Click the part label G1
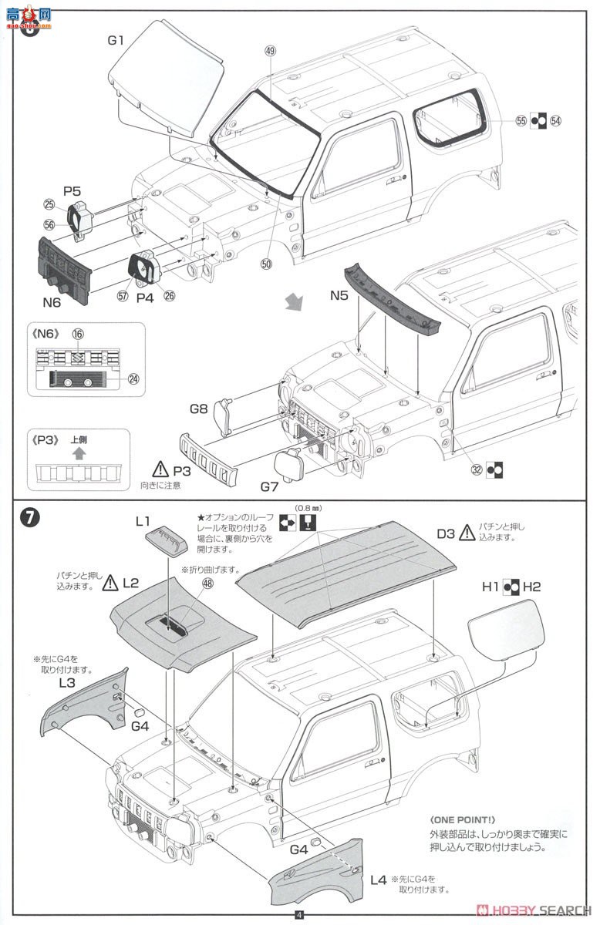[115, 40]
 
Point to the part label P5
[72, 190]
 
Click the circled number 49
[270, 51]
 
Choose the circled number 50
[267, 264]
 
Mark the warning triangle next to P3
[160, 468]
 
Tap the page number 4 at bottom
[299, 916]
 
